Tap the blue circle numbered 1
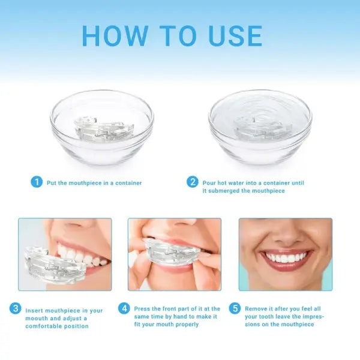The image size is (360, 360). (37, 182)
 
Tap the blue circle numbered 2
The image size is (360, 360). (193, 182)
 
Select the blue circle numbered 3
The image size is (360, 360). (15, 309)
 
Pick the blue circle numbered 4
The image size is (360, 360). (124, 309)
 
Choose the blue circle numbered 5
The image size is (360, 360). (235, 309)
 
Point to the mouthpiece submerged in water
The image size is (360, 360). (259, 125)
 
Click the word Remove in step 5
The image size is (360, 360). (256, 309)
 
